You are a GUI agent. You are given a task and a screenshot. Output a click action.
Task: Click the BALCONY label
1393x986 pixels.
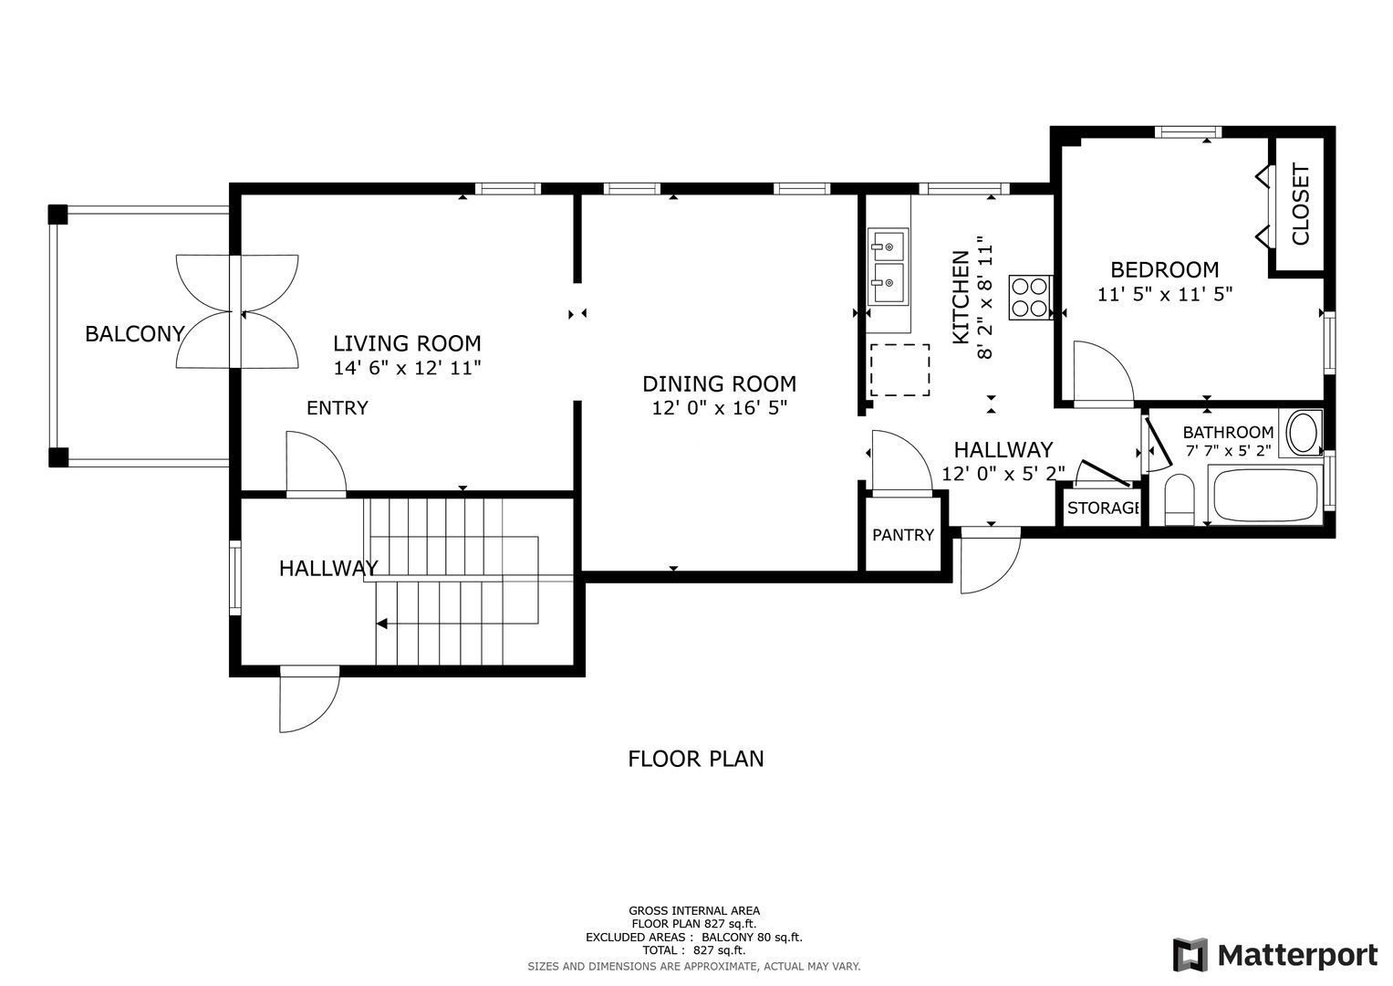(135, 334)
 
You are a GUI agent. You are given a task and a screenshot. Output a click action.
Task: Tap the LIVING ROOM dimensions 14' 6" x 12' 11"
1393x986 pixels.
(408, 368)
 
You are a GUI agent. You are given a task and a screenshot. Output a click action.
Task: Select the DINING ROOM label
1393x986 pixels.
(720, 383)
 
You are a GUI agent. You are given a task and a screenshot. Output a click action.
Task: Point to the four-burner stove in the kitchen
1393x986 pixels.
(1029, 298)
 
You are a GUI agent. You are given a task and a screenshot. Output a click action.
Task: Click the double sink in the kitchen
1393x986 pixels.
(889, 267)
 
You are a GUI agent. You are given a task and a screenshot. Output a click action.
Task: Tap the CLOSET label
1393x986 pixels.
(1301, 205)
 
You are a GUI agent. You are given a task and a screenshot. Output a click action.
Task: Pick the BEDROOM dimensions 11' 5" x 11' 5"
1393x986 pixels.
(1165, 294)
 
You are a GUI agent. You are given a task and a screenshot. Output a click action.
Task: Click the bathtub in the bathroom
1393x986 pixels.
(1264, 496)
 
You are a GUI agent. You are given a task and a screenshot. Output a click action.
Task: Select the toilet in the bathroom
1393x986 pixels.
(1179, 500)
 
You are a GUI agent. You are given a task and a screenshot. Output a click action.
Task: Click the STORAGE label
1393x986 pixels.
(1103, 508)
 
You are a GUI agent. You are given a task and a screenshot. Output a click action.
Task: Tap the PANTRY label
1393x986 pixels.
(903, 535)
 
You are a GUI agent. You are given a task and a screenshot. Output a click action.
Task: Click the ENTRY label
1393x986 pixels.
(338, 408)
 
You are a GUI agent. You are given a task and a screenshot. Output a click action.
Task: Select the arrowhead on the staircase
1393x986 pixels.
(382, 623)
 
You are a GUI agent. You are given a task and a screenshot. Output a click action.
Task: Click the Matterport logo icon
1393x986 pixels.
(1190, 955)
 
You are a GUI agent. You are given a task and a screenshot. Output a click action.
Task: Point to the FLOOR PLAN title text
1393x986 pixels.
(696, 759)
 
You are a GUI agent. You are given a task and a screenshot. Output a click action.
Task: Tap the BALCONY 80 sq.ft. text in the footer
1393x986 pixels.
(752, 937)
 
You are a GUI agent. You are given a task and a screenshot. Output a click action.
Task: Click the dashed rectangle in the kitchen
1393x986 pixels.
(899, 370)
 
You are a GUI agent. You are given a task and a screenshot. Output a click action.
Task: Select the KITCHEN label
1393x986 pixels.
(962, 298)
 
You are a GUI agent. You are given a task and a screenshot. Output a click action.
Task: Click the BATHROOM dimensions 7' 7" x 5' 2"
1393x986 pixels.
(1228, 451)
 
